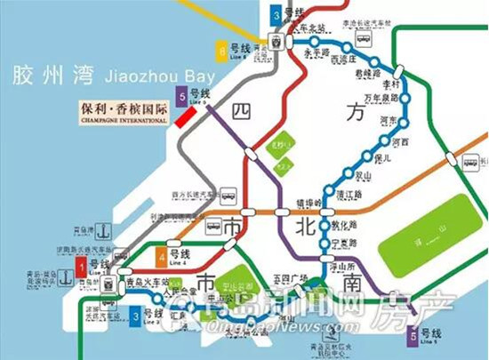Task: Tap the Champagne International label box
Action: point(123,110)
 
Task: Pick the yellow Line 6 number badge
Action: point(220,49)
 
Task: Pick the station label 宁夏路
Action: point(344,242)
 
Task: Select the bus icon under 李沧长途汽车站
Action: point(362,41)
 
